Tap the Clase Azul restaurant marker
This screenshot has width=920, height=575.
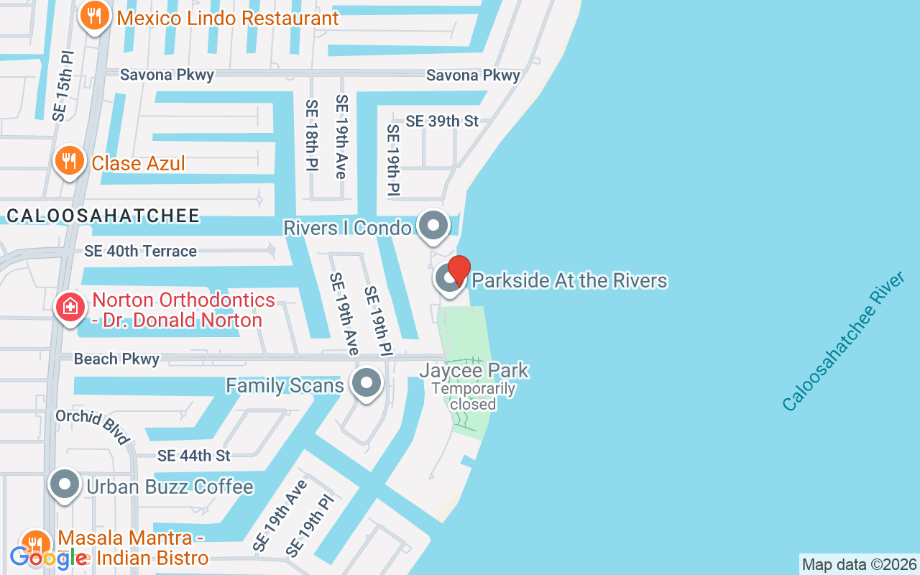coord(69,161)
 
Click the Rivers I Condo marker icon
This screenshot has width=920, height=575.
coord(433,226)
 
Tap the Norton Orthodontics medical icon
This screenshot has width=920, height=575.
coord(70,308)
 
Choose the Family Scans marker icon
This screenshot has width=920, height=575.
coord(367,384)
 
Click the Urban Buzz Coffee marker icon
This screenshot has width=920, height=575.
coord(65,485)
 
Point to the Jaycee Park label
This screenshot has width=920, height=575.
coord(474,371)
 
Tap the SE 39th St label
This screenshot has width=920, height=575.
coord(442,121)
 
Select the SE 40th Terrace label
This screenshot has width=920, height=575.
coord(140,251)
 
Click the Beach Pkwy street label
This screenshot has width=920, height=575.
coord(116,359)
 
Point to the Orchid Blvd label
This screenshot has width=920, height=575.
coord(92,427)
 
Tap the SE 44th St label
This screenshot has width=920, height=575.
coord(194,456)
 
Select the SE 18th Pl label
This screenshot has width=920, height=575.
coord(311,136)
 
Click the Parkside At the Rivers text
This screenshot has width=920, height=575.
coord(569,280)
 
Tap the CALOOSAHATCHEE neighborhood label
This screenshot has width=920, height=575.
coord(103,216)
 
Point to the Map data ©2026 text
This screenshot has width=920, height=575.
coord(860,564)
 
